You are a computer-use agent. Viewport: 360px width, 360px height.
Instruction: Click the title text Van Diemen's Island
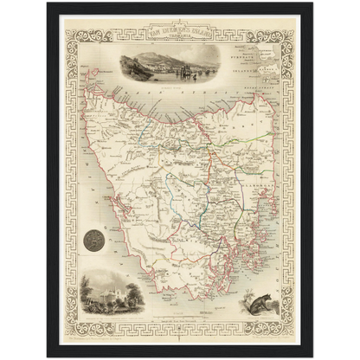179,35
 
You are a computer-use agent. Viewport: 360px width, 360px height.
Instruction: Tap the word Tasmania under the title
179,44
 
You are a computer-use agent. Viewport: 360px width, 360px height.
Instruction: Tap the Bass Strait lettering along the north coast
156,97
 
